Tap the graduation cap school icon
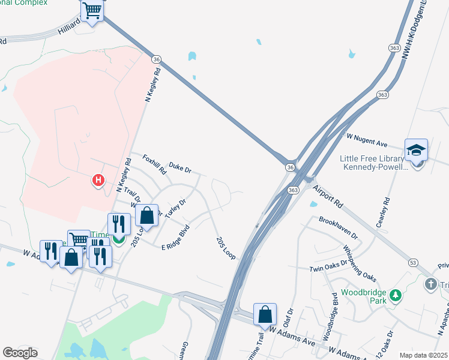coord(416,150)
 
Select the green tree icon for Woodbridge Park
coord(395,295)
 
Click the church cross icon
coord(430,284)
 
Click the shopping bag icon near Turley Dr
coord(146,214)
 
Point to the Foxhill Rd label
coord(154,164)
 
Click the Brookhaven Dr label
coord(338,228)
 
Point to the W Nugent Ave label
coord(366,140)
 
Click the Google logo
coord(20,352)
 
